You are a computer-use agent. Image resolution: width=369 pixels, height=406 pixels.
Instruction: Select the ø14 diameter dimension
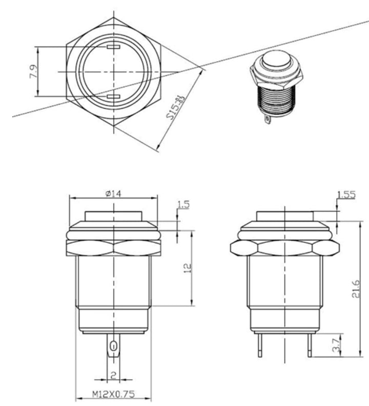pos(112,194)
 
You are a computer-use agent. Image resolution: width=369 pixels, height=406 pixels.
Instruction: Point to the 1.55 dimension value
pos(346,194)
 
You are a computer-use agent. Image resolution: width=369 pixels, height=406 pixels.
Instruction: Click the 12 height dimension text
pos(187,267)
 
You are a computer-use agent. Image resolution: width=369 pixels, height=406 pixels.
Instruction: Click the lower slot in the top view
pos(113,96)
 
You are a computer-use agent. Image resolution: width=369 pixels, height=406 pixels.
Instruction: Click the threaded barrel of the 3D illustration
pos(274,101)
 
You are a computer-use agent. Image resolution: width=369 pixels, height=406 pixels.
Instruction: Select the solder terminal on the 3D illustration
pos(267,119)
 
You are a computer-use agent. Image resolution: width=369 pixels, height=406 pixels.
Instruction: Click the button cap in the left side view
pos(112,216)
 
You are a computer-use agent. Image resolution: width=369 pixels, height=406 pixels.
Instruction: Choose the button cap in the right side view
pos(284,216)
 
